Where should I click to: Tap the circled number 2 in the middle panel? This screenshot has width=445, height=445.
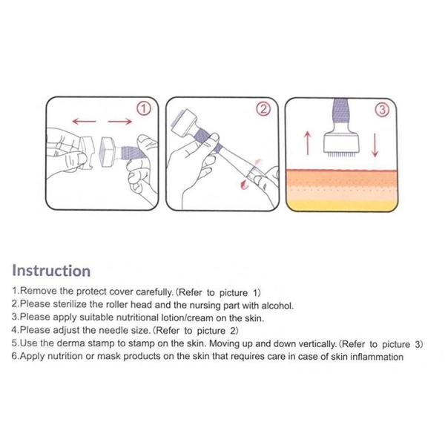[263, 109]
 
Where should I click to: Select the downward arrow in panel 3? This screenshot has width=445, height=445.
[375, 143]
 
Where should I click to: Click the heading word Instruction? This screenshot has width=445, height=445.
[51, 271]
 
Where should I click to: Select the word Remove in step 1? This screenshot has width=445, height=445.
[40, 291]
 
